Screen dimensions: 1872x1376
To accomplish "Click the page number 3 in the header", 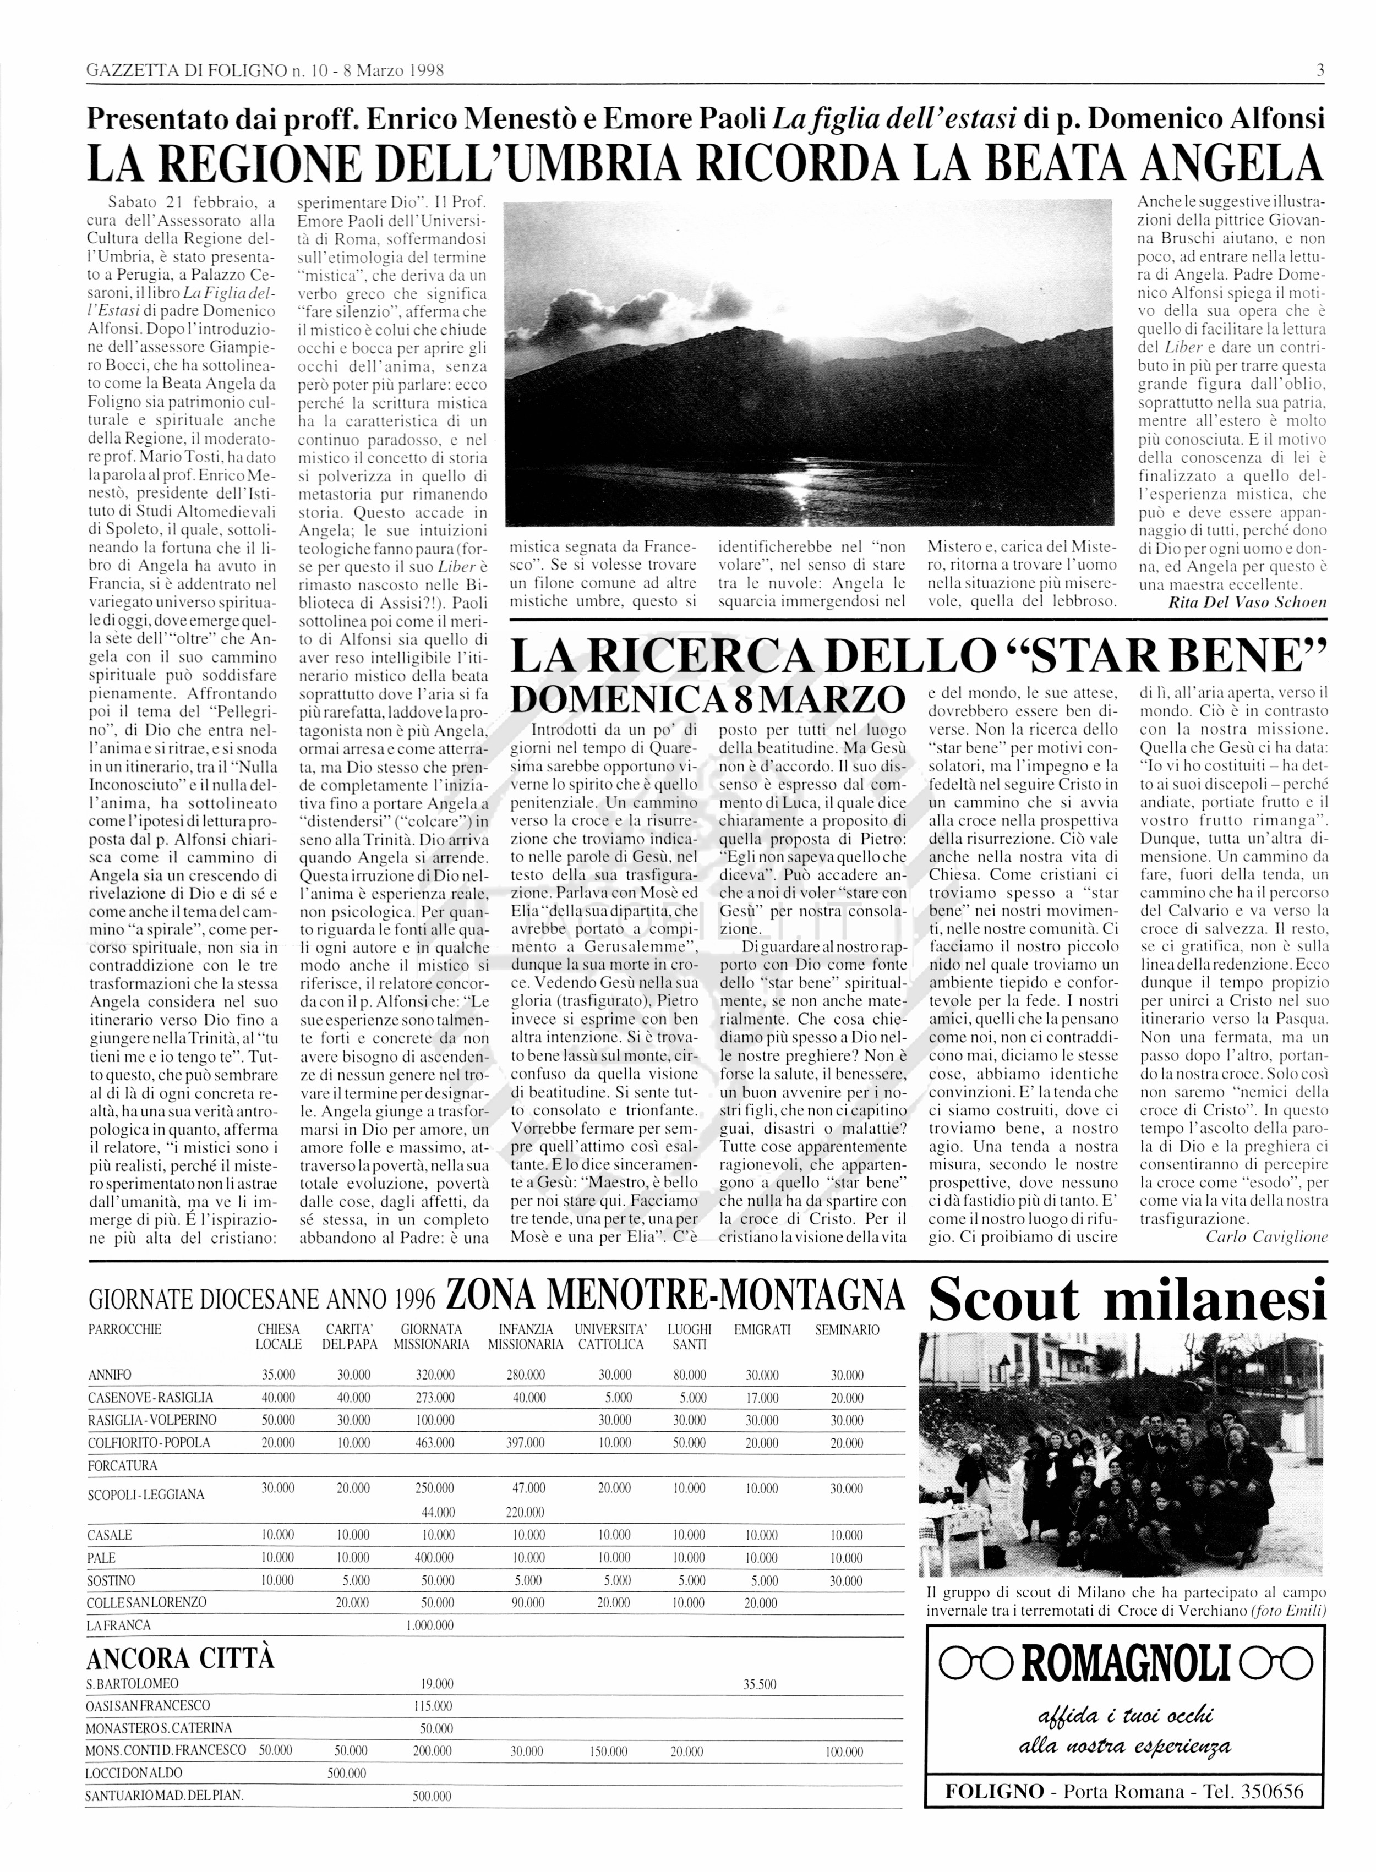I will [x=1320, y=72].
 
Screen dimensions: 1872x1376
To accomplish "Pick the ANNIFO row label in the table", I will [x=110, y=1375].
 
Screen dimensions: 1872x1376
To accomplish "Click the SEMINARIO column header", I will [x=847, y=1330].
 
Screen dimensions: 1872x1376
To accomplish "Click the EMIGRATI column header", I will [x=762, y=1330].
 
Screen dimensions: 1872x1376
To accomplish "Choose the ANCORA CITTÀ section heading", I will [x=180, y=1660].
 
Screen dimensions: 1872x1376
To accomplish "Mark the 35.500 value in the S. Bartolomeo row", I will [x=759, y=1684].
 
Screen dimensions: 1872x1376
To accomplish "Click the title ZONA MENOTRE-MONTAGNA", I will [x=675, y=1295].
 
